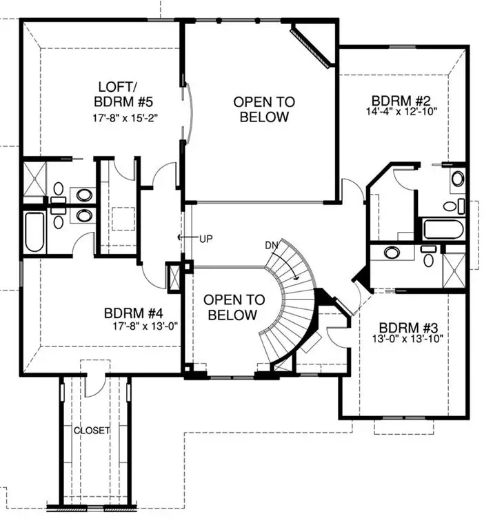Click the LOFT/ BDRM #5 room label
tap(127, 95)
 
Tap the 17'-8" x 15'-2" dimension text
tap(127, 117)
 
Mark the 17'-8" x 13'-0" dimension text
tap(145, 324)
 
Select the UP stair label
tap(205, 239)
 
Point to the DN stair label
tap(272, 246)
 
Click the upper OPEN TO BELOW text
tap(263, 110)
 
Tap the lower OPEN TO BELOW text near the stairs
tap(234, 308)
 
